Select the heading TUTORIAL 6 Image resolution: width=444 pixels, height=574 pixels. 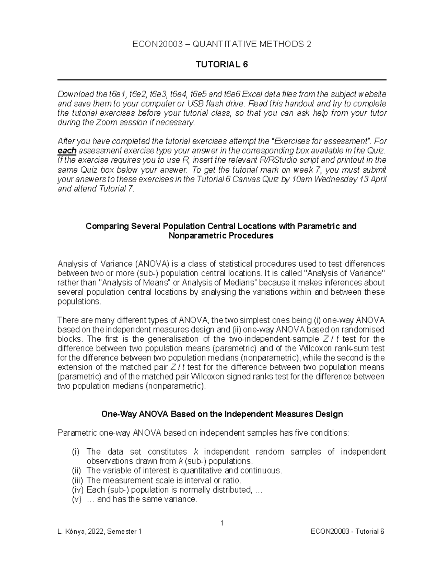222,65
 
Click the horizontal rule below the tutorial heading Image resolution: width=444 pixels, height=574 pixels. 222,80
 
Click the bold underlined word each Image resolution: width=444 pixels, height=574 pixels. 67,151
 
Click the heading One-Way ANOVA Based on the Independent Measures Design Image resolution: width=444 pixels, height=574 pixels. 222,414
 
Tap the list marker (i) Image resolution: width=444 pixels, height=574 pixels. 75,452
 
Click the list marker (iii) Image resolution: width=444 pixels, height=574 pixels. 77,480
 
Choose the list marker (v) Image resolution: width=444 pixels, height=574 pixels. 76,499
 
